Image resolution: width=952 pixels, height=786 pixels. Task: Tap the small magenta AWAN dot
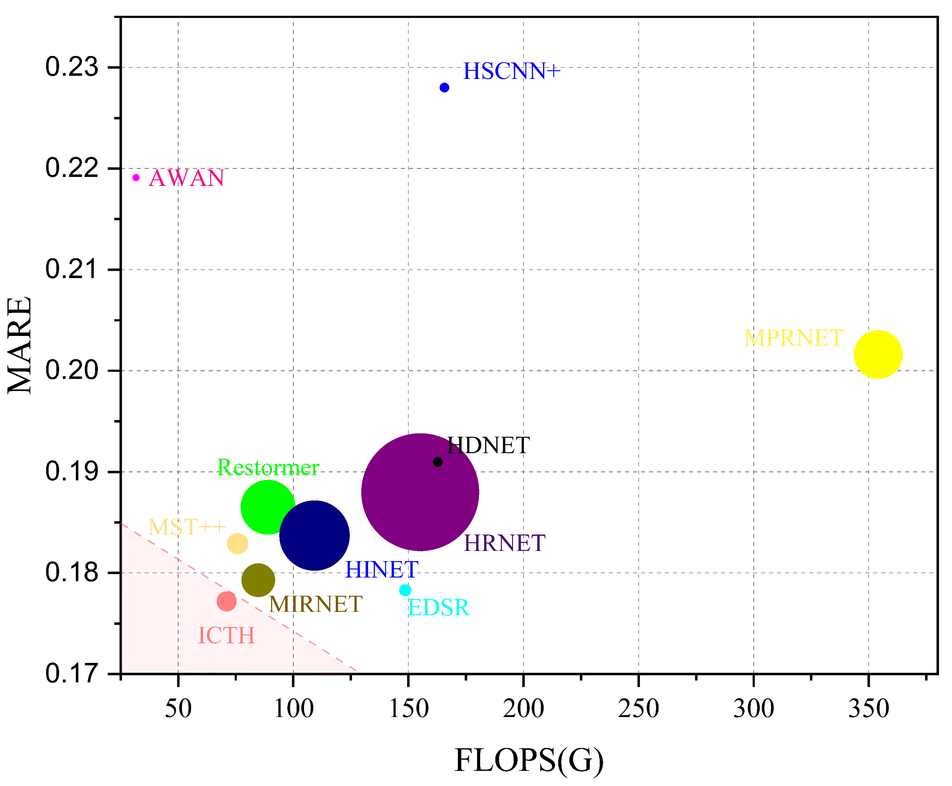(x=136, y=178)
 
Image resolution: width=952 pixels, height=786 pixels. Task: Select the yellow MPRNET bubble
(x=878, y=354)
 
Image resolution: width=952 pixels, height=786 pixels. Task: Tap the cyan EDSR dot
(x=405, y=590)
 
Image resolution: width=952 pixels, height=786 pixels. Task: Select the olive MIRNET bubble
(x=258, y=580)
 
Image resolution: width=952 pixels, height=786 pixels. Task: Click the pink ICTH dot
(x=226, y=601)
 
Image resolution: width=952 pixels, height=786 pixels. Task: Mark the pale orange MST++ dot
(x=237, y=543)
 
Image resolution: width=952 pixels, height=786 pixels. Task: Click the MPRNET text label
(x=793, y=338)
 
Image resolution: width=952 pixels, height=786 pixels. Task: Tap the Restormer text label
(x=268, y=467)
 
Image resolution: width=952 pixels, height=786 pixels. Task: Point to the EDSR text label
(x=439, y=608)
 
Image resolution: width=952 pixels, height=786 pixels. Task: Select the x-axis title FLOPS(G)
(x=529, y=759)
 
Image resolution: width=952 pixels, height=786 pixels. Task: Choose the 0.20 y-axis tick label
(x=72, y=370)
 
